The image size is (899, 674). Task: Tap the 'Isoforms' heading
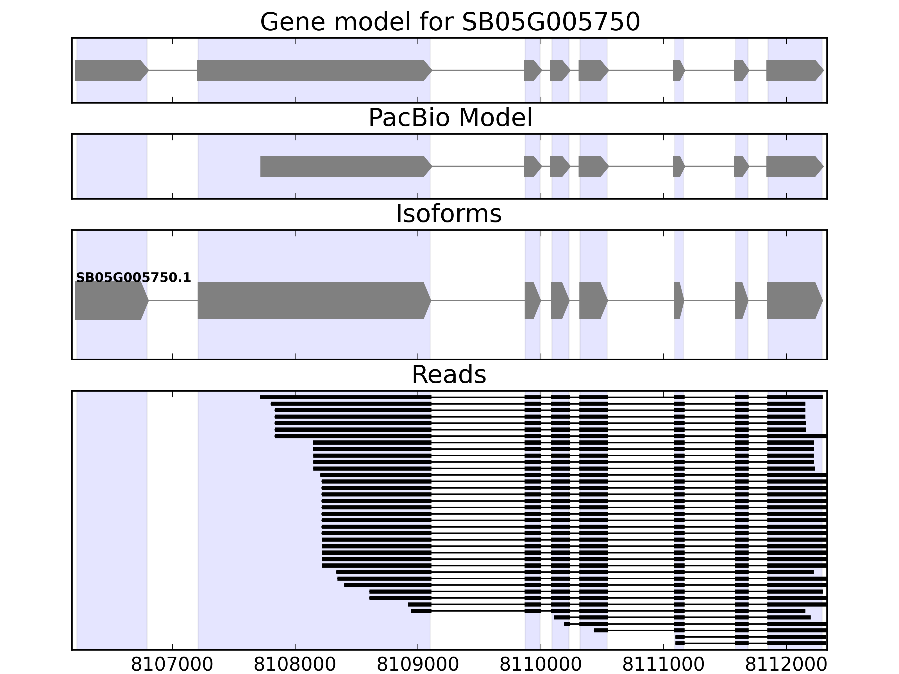[449, 214]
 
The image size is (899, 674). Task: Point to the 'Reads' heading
[449, 375]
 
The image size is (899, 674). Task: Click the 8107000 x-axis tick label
[172, 665]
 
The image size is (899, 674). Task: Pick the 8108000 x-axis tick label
[295, 665]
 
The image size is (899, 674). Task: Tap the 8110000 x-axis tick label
[541, 665]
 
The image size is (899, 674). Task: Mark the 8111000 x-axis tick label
[663, 665]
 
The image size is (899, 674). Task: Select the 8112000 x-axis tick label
[786, 665]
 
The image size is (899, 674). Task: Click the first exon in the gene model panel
[110, 70]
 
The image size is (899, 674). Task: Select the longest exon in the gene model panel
[313, 70]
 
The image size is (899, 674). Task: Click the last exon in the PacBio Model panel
[794, 166]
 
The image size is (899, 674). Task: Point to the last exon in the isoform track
[794, 301]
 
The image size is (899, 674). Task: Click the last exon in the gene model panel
[794, 70]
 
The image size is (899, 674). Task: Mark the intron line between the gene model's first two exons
[173, 70]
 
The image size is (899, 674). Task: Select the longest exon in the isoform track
[313, 301]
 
